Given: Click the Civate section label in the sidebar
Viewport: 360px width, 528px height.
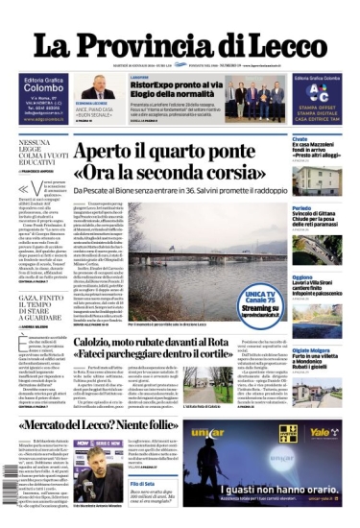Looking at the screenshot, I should tap(300, 139).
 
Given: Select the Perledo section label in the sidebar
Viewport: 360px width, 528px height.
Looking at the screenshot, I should tap(301, 207).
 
